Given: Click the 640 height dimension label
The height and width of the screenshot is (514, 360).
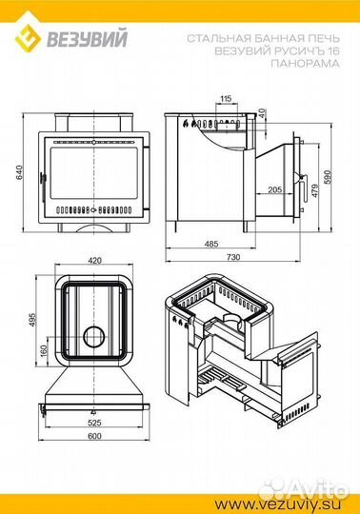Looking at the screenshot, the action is pos(19,172).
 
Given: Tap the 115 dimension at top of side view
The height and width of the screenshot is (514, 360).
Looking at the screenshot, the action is pos(226,98).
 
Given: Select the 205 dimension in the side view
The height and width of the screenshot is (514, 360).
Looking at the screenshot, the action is pos(274,189).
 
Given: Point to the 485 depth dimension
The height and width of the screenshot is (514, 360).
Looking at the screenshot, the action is pos(210,244).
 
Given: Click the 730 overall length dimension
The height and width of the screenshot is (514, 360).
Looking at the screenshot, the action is pos(233,257).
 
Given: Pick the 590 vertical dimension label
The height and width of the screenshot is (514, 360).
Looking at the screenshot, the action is pos(328,177).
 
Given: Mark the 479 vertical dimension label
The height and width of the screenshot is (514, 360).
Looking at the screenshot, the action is pos(314,190).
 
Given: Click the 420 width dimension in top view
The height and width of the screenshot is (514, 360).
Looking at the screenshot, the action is pos(94,261).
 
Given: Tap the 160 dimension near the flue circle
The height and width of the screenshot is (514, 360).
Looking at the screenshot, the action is pos(44,351).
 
